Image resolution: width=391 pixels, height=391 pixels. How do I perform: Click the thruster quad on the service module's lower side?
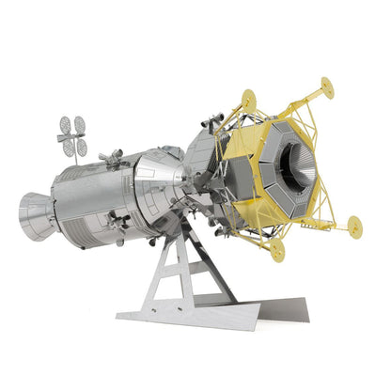[x=119, y=222]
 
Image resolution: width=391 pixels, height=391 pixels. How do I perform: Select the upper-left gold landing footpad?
[x=248, y=99]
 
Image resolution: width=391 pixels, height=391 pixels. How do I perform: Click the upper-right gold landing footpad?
[x=326, y=87]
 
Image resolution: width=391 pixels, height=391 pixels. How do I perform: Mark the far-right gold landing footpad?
[x=354, y=226]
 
